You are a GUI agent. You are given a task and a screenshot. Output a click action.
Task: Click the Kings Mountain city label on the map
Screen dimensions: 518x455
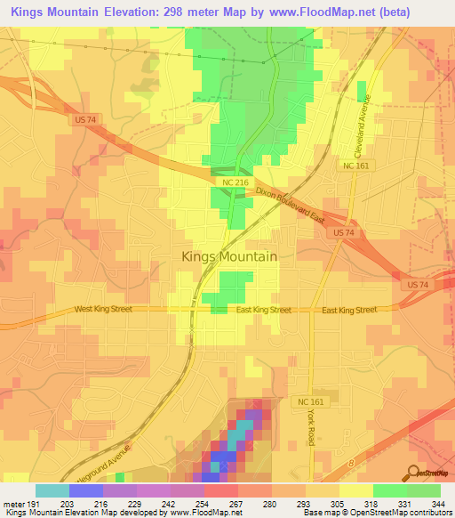[229, 255]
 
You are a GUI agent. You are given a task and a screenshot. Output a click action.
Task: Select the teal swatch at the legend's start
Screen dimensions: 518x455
[52, 490]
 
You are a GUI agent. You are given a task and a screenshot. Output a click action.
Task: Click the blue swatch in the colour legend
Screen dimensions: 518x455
[86, 490]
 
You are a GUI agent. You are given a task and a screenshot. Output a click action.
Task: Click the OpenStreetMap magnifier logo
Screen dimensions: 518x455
[411, 472]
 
